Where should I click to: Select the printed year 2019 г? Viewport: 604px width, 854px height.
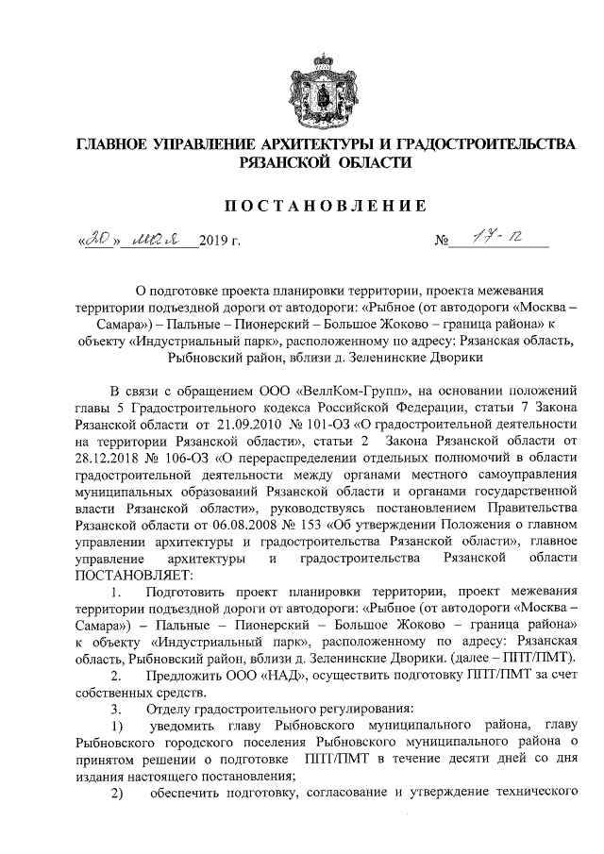coord(220,243)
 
